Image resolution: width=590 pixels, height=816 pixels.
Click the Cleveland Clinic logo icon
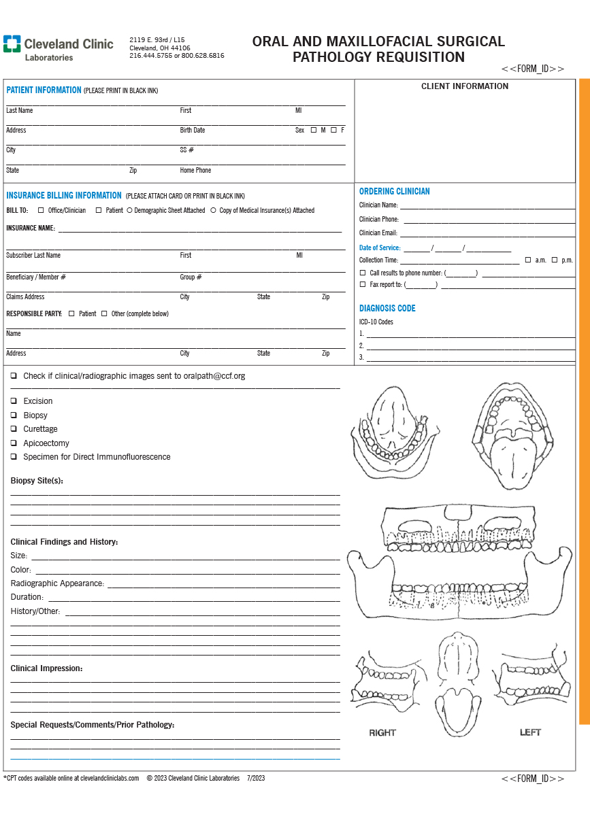click(x=12, y=44)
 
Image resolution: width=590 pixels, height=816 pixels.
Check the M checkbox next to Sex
click(x=314, y=130)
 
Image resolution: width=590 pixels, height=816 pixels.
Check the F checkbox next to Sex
click(x=333, y=130)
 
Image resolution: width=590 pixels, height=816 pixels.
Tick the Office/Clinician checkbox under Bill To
click(x=41, y=211)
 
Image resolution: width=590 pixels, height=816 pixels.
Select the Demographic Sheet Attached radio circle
click(x=129, y=211)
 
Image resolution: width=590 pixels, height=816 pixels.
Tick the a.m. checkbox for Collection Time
click(x=528, y=260)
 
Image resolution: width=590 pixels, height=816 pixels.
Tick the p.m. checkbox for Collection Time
click(x=555, y=260)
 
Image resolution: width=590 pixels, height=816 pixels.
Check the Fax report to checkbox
click(x=363, y=284)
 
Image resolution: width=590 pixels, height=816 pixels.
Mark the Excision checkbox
click(x=14, y=401)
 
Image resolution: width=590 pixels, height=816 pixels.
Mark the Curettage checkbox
click(x=14, y=429)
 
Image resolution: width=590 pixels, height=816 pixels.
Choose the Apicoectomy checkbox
click(x=14, y=443)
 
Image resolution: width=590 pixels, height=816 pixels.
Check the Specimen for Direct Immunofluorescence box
click(x=14, y=457)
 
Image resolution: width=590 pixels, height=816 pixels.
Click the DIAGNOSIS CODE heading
click(x=387, y=309)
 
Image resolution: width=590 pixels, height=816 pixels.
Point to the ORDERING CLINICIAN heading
click(x=395, y=192)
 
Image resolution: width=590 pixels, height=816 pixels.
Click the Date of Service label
click(x=380, y=248)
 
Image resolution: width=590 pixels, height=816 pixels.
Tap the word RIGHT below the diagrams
click(x=382, y=732)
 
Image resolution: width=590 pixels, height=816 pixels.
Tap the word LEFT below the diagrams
click(x=530, y=732)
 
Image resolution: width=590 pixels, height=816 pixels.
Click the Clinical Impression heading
click(x=46, y=668)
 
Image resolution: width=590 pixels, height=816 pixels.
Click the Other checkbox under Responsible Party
click(x=104, y=313)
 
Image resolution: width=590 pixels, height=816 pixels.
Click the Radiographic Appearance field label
click(x=57, y=583)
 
